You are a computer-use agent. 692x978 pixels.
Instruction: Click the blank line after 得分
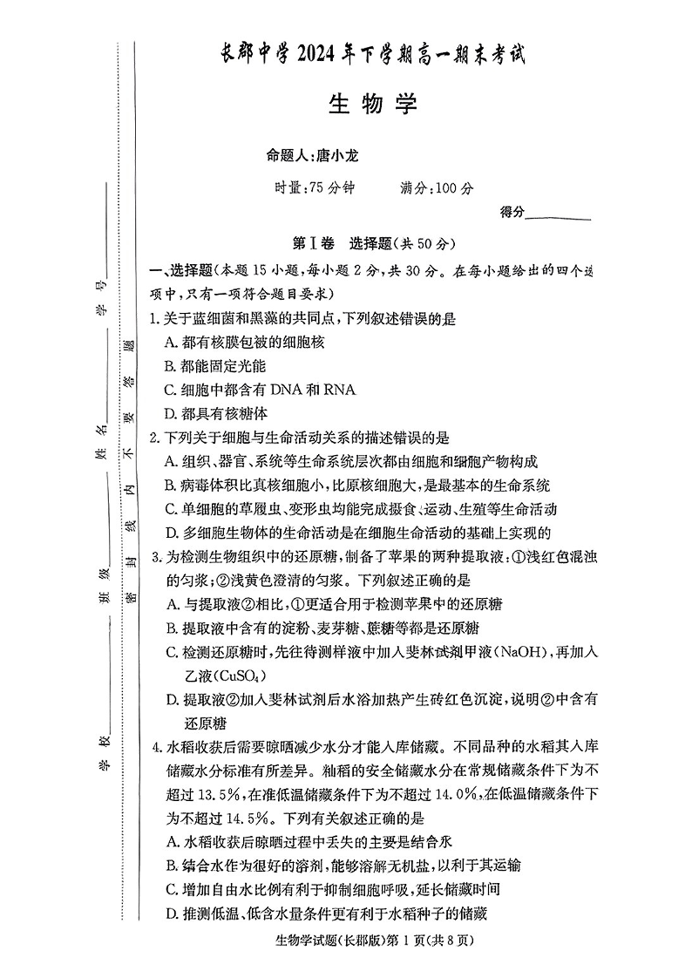coord(559,213)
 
